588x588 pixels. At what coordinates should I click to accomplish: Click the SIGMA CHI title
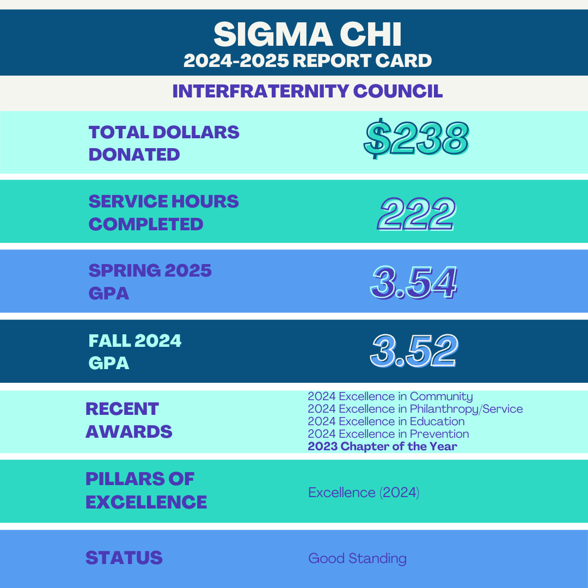(308, 34)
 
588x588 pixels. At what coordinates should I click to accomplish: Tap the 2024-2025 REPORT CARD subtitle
(308, 60)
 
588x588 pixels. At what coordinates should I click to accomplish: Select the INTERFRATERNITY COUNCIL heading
(308, 91)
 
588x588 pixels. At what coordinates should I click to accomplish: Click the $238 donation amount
(416, 139)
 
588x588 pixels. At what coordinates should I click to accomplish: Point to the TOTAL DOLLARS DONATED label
(164, 143)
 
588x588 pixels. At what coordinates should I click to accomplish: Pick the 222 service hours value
(416, 214)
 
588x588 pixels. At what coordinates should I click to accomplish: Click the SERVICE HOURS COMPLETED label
(164, 212)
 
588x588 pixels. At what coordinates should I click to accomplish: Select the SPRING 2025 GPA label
(150, 281)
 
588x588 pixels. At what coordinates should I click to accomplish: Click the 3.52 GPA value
(414, 352)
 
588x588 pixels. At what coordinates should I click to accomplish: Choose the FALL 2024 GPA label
(135, 351)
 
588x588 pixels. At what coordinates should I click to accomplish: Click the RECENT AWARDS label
(129, 420)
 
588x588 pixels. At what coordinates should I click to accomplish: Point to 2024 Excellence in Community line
(390, 396)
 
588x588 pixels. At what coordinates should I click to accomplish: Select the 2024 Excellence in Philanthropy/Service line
(415, 409)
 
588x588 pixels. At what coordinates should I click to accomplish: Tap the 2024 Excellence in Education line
(386, 421)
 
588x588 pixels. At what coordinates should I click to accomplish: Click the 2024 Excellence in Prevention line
(388, 434)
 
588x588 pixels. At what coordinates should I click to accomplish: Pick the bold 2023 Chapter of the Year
(382, 446)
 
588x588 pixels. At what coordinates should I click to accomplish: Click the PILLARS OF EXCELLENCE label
(146, 490)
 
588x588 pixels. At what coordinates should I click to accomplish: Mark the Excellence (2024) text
(363, 493)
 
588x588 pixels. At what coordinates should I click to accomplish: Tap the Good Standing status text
(357, 558)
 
